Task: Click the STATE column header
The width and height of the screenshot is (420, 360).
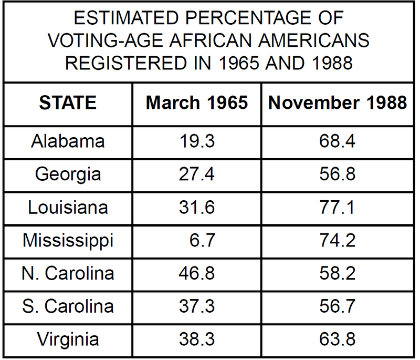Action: (68, 102)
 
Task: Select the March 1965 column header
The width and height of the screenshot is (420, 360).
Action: (196, 102)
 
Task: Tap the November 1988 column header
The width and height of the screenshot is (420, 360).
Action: (338, 102)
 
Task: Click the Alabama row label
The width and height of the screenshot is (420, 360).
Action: (68, 141)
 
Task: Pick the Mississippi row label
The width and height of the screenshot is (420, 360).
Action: (68, 240)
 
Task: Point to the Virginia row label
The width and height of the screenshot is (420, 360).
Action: (68, 340)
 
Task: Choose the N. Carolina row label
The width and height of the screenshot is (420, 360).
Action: (68, 273)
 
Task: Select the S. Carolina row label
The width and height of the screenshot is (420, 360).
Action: (68, 306)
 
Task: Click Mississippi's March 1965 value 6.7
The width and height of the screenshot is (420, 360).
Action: (202, 240)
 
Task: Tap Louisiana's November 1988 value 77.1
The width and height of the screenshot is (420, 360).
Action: (337, 207)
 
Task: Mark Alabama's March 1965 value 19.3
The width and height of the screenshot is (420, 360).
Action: (196, 141)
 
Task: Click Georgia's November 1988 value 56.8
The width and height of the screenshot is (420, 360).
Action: (337, 174)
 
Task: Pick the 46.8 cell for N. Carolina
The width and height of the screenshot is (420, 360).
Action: (196, 273)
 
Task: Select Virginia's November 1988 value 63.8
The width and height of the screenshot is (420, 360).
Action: (337, 340)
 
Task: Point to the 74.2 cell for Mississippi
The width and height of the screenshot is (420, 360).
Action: (337, 240)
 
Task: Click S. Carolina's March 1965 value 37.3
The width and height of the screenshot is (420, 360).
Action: (196, 306)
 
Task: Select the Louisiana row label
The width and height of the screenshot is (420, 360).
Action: (68, 207)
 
